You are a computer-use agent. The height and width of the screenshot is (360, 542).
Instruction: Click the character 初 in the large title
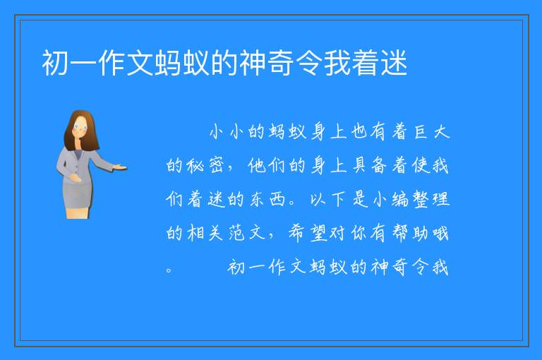tap(55, 63)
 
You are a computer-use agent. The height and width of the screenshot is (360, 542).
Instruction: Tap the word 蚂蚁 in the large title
tap(182, 63)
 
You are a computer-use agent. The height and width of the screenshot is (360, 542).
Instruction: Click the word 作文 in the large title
tap(126, 63)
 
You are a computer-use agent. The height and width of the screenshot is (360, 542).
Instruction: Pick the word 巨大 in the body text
tap(432, 132)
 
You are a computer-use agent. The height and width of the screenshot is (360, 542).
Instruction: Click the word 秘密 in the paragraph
tap(205, 166)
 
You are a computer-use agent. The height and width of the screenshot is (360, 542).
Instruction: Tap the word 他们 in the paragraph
tap(267, 166)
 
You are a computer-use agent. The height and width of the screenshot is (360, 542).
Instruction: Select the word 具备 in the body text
tap(369, 166)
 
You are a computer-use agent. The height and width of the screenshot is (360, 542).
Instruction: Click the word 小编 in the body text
tap(390, 199)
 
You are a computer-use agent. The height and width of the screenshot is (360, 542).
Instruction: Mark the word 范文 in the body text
tap(247, 233)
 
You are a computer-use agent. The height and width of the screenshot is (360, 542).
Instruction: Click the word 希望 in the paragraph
tap(308, 233)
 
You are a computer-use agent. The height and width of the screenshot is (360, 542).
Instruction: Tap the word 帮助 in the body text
tap(411, 233)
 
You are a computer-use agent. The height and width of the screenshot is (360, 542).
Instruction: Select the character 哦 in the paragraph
tap(440, 233)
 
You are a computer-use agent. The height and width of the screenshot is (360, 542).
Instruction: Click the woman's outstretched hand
tap(120, 168)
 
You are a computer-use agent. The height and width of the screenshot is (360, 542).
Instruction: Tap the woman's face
tap(80, 127)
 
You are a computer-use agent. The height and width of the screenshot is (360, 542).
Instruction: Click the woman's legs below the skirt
tap(78, 212)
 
